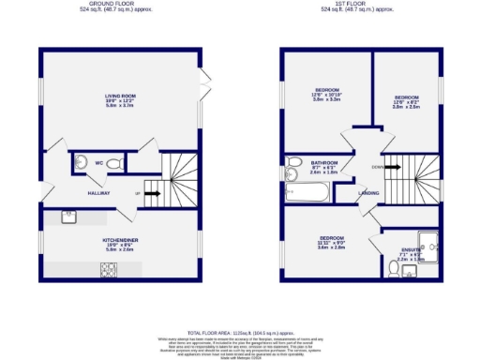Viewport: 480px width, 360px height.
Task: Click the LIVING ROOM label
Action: pyautogui.click(x=121, y=96)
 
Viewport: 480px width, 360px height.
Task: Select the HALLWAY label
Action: pyautogui.click(x=99, y=193)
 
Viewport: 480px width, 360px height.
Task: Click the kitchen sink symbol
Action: pyautogui.click(x=69, y=217)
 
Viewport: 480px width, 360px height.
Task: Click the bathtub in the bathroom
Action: pyautogui.click(x=307, y=193)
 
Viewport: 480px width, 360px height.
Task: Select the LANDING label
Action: pyautogui.click(x=368, y=194)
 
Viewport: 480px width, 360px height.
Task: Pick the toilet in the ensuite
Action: pyautogui.click(x=393, y=270)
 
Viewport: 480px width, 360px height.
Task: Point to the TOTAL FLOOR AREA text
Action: pyautogui.click(x=240, y=333)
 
